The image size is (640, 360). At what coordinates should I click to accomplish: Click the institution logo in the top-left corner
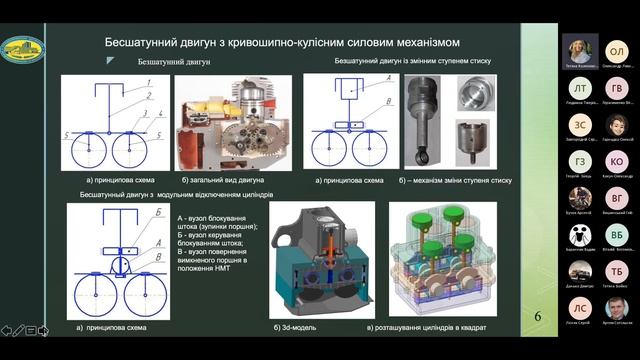tap(23, 48)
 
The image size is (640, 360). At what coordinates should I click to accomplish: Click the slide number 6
tap(538, 317)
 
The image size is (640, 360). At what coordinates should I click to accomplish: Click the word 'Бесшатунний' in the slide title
tap(142, 43)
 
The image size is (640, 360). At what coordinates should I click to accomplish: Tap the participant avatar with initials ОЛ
tap(617, 50)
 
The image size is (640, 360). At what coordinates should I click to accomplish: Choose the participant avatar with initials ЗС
tap(581, 124)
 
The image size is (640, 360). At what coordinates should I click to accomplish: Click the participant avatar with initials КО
tap(617, 162)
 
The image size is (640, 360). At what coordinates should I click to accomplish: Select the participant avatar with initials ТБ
tap(617, 271)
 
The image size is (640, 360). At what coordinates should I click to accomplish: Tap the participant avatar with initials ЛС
tap(581, 307)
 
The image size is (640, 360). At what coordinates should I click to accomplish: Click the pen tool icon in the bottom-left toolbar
tap(18, 330)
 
